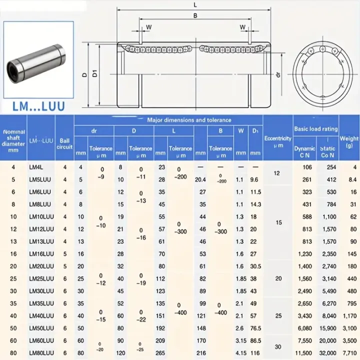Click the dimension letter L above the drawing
(x=194, y=4)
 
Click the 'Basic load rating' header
(x=315, y=129)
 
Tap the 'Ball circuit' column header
(x=64, y=143)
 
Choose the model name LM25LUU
(x=41, y=278)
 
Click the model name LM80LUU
(x=41, y=352)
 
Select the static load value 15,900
(x=327, y=327)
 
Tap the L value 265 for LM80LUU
(x=160, y=352)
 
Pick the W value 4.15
(x=241, y=352)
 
